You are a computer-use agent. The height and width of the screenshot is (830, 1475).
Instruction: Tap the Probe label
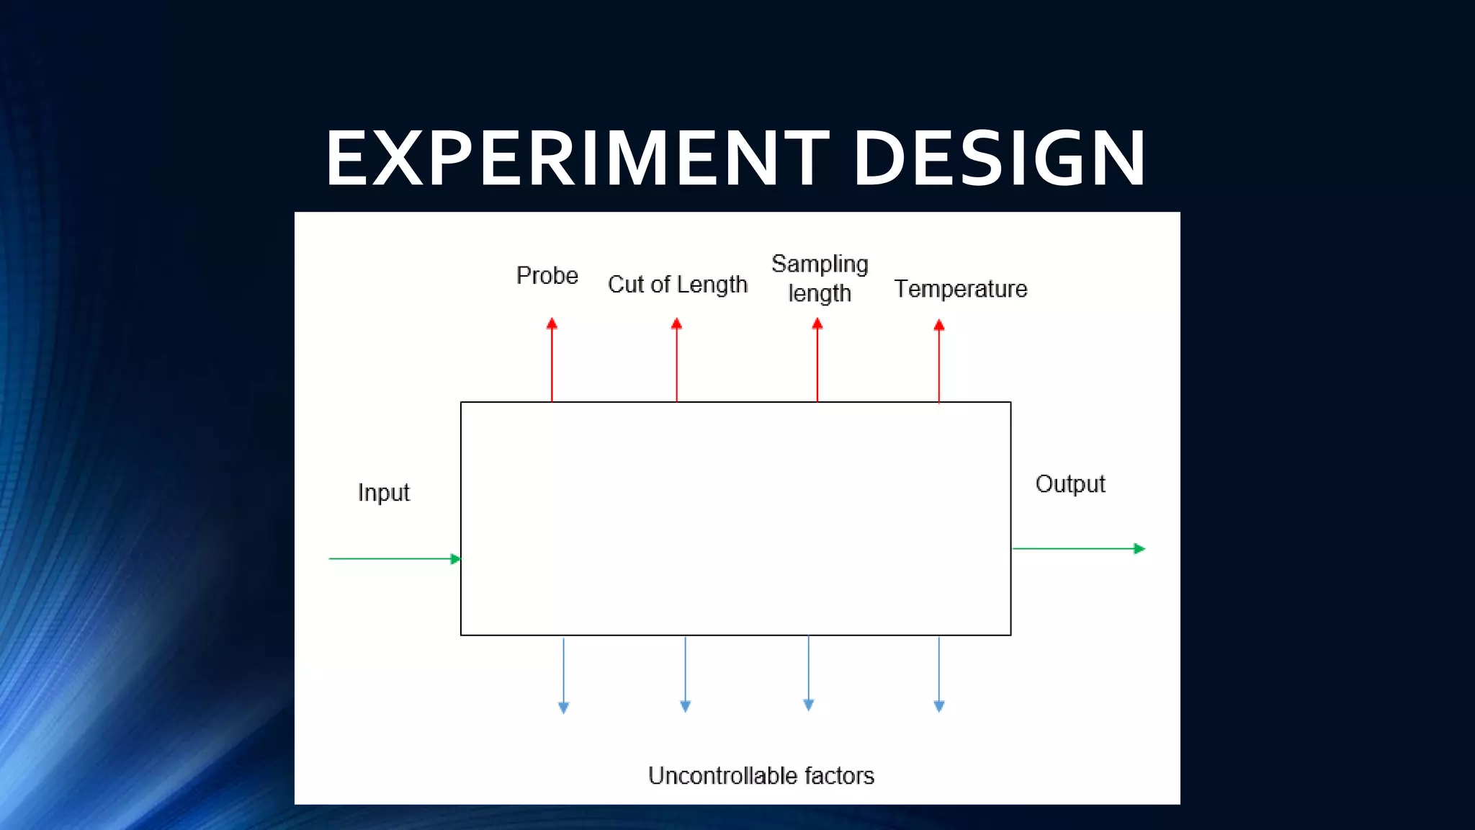point(547,276)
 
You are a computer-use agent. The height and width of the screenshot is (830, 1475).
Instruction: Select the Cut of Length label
point(678,285)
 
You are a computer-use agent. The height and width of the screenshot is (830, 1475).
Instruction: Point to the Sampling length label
point(820,279)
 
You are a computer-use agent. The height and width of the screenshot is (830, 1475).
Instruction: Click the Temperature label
point(961,289)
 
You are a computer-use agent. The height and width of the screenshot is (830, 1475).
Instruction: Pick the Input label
point(384,493)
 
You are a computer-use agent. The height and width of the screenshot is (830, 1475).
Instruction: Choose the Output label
point(1070,484)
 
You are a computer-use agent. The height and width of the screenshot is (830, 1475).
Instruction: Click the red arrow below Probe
point(552,360)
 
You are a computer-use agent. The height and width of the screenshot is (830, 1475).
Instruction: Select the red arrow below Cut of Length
point(676,360)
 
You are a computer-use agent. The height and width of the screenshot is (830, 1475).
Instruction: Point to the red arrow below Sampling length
point(817,360)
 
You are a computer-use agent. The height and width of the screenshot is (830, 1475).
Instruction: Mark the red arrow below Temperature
point(939,361)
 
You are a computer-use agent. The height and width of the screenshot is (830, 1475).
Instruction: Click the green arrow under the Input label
point(395,558)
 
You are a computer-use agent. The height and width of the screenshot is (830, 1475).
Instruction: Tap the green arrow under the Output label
point(1078,549)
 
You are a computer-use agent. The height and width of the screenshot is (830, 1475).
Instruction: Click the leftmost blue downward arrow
point(564,674)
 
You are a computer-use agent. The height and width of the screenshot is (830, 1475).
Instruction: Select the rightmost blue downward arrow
point(939,674)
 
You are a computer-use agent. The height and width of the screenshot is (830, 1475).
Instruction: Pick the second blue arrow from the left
point(686,674)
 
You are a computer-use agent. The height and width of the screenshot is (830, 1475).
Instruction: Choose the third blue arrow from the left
point(809,673)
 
